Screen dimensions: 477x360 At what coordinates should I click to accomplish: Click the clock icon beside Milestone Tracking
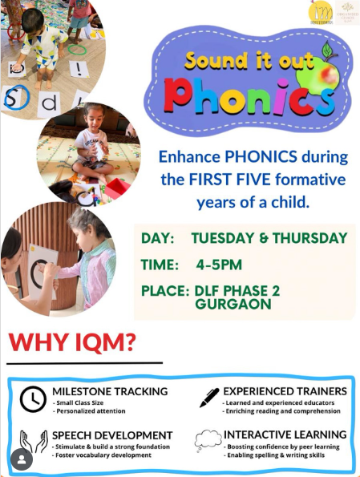(x=32, y=398)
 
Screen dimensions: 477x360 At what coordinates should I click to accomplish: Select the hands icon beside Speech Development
(x=32, y=442)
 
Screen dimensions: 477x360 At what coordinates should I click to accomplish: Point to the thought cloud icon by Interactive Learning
(x=207, y=440)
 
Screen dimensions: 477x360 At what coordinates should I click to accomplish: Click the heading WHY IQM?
(x=71, y=342)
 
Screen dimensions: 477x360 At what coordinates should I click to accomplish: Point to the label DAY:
(x=158, y=238)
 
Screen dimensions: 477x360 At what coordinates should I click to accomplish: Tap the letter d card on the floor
(x=50, y=102)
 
